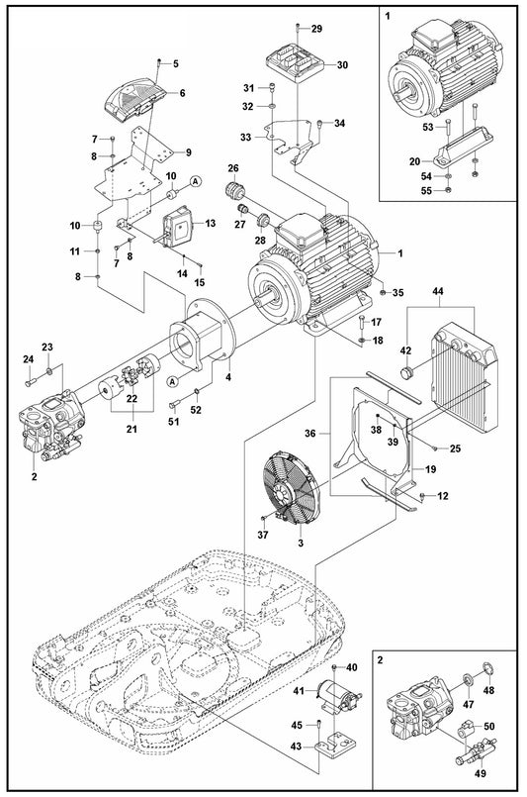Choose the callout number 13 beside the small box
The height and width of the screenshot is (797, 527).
click(210, 224)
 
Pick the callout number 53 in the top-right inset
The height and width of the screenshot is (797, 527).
click(428, 128)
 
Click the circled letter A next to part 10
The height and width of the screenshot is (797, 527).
click(196, 181)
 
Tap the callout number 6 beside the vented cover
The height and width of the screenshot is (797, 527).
click(182, 93)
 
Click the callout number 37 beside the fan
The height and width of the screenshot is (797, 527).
click(262, 536)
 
